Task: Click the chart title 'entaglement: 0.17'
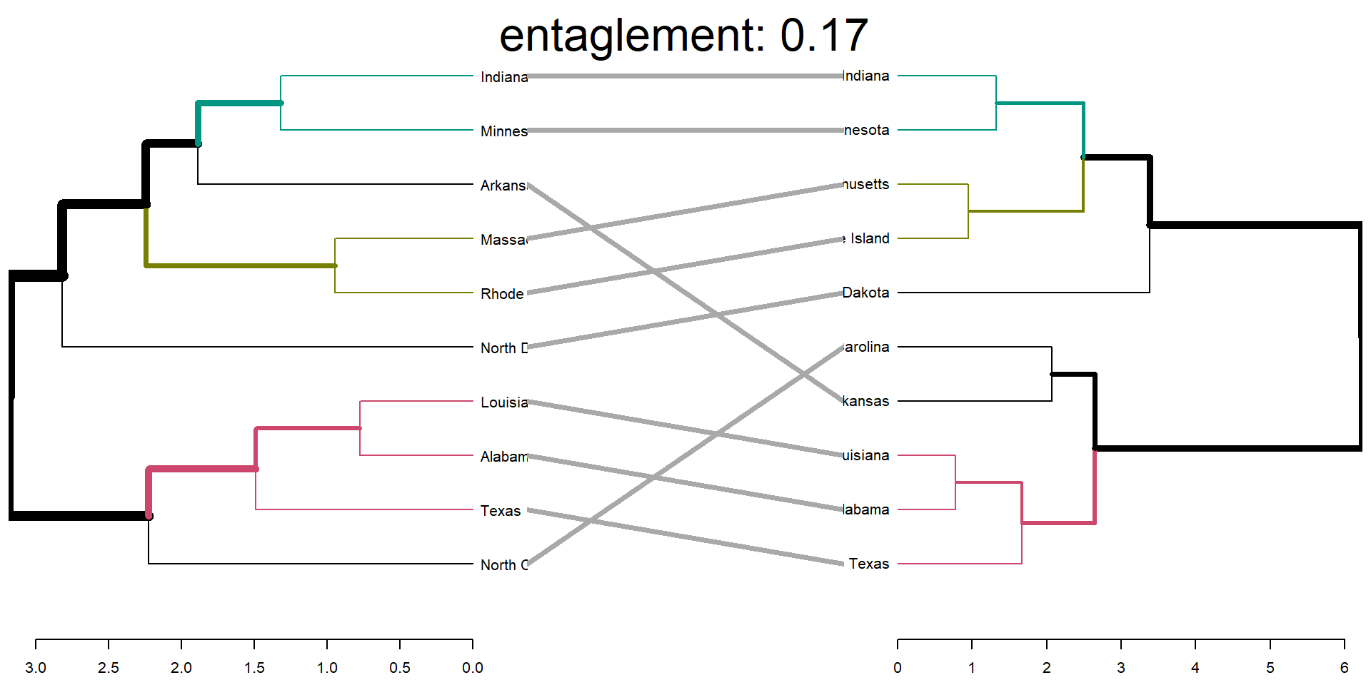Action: coord(683,36)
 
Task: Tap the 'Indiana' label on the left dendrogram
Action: coord(504,77)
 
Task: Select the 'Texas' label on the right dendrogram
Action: coord(869,564)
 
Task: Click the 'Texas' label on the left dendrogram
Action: coord(501,511)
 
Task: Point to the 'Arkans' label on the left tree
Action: coord(503,186)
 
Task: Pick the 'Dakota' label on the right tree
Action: coord(866,293)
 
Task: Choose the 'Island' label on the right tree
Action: coord(869,238)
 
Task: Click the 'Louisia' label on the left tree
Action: coord(504,402)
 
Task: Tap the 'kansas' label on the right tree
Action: coord(866,401)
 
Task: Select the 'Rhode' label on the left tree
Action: coord(502,294)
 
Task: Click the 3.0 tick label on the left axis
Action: coord(36,668)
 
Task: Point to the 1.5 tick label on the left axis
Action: coord(254,668)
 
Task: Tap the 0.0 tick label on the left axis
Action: coord(473,668)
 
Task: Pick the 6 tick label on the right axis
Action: coord(1345,668)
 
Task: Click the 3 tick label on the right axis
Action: coord(1121,668)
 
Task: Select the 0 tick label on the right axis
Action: coord(898,668)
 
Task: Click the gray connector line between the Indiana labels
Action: coord(685,76)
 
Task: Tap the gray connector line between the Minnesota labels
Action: coord(685,131)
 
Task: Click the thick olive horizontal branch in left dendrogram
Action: coord(241,265)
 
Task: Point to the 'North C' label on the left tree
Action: coord(504,565)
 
